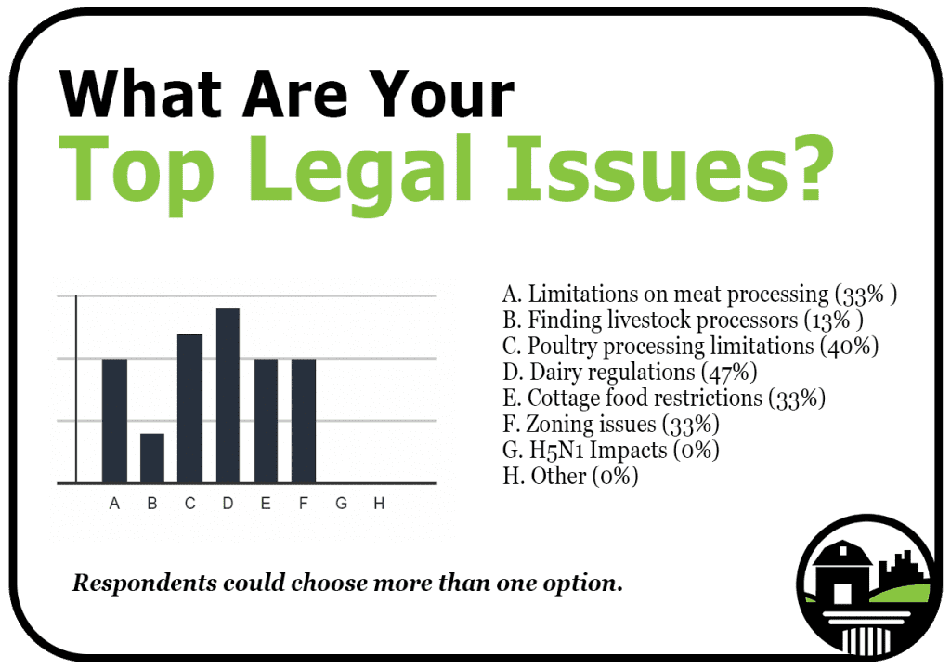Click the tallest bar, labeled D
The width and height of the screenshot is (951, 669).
click(x=228, y=396)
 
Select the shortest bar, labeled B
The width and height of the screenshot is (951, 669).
click(x=152, y=458)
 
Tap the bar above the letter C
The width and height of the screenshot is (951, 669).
click(x=189, y=409)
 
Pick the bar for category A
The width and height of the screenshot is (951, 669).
click(x=114, y=421)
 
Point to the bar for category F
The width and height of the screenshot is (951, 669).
click(x=304, y=421)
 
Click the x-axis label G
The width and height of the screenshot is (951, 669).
click(x=342, y=504)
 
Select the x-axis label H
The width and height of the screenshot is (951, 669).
click(x=379, y=504)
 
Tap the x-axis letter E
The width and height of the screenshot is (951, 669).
click(x=266, y=504)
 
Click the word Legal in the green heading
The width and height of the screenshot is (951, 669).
click(x=360, y=173)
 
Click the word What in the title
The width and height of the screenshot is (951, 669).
click(x=140, y=94)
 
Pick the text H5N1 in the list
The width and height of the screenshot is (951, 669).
click(x=557, y=451)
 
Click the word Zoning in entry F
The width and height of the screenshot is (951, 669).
click(x=560, y=425)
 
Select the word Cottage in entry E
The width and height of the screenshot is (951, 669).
click(x=564, y=399)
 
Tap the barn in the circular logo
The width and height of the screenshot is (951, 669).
click(x=841, y=571)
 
